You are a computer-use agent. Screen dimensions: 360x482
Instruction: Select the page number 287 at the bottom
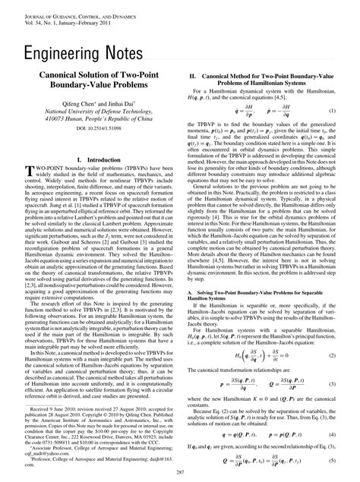[180, 472]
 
